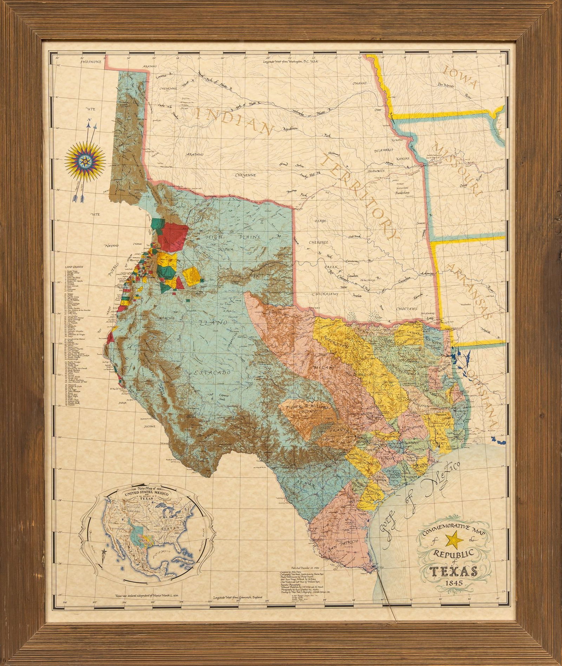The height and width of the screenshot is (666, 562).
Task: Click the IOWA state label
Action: [x=460, y=78]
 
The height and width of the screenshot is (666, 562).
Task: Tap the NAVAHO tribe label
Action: [x=112, y=245]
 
